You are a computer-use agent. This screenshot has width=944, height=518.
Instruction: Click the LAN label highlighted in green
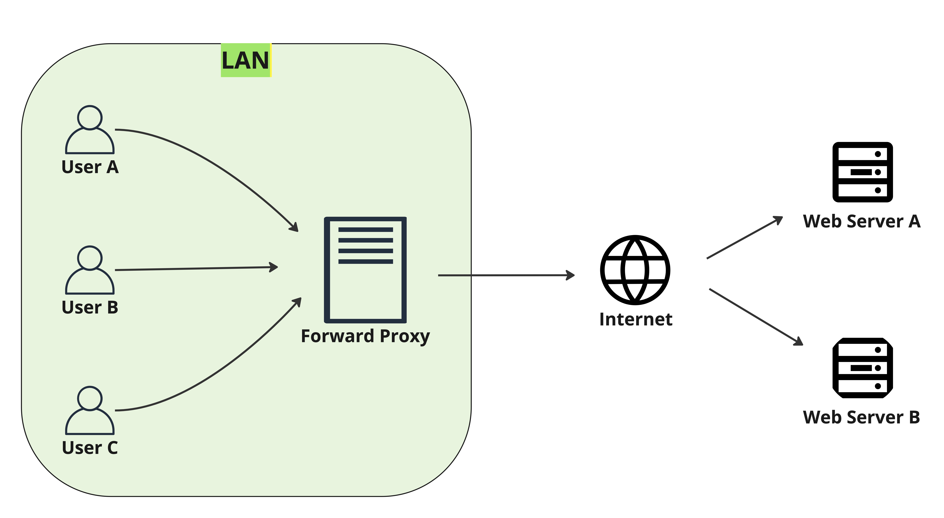(x=246, y=60)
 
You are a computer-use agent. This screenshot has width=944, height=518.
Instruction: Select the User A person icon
(x=90, y=130)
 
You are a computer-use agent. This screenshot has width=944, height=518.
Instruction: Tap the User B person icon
(x=90, y=270)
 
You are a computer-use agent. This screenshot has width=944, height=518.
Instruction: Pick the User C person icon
(x=90, y=411)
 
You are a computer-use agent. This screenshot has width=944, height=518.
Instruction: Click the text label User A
(x=90, y=167)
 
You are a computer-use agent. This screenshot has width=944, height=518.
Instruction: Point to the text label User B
(x=90, y=307)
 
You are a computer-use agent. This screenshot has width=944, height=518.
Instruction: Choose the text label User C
(x=90, y=448)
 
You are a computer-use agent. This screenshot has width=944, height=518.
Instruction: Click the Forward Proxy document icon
(x=365, y=270)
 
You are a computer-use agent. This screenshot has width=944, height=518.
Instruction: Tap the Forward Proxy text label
(x=365, y=336)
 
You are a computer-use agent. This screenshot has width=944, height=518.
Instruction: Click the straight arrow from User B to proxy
(x=196, y=269)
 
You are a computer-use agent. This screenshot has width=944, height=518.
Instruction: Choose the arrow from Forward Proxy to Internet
(x=506, y=275)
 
